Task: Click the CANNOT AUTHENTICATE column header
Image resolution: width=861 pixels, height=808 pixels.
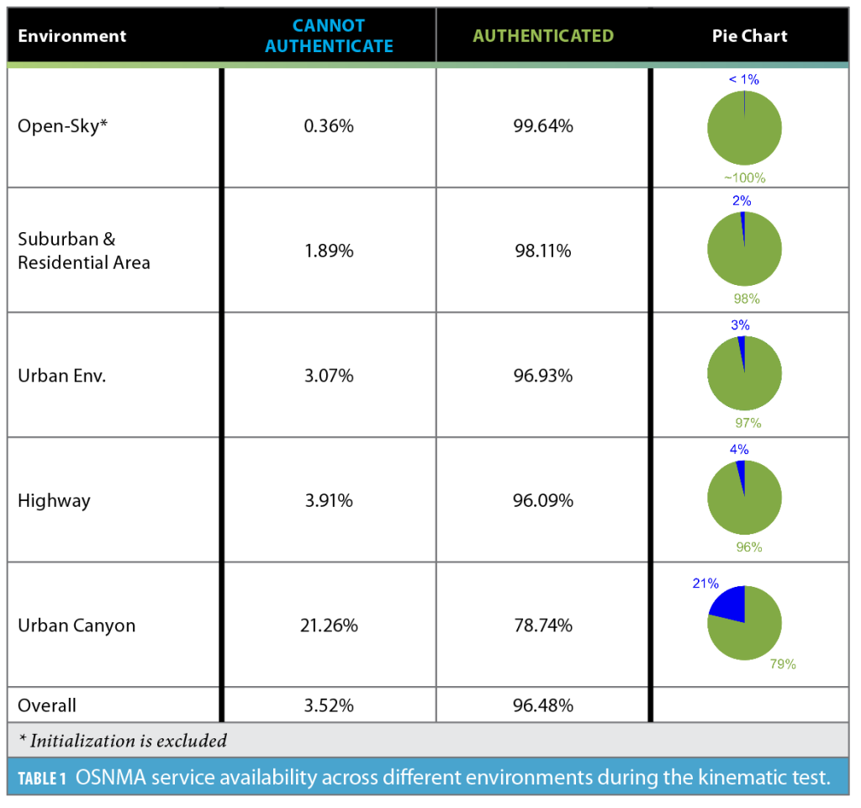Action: pos(329,36)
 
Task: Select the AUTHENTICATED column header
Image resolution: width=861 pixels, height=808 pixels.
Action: pos(543,36)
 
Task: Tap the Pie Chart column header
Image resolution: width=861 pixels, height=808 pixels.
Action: pos(749,36)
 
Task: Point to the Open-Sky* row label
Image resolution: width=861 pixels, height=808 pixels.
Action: pos(63,127)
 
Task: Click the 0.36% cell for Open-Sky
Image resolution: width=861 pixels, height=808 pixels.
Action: pos(329,127)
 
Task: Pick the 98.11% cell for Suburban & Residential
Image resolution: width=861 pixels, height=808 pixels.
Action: pos(543,251)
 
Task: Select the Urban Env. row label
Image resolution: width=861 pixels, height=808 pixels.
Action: pos(62,376)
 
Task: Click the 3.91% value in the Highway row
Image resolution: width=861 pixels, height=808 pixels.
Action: pos(329,501)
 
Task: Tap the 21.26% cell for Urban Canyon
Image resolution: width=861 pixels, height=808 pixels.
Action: pos(329,626)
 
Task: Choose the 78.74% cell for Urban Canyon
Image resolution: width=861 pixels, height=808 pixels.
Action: pos(543,626)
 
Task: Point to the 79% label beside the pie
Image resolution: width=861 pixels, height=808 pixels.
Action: pos(782,664)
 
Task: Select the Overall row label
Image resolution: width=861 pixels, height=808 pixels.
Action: pos(47,705)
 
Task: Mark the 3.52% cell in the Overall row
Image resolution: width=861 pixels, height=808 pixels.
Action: pos(329,705)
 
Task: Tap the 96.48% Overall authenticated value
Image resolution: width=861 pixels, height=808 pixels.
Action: pos(543,705)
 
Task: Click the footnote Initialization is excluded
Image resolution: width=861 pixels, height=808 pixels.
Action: pos(123,741)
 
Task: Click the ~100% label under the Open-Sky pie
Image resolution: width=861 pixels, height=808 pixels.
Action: pos(745,178)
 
